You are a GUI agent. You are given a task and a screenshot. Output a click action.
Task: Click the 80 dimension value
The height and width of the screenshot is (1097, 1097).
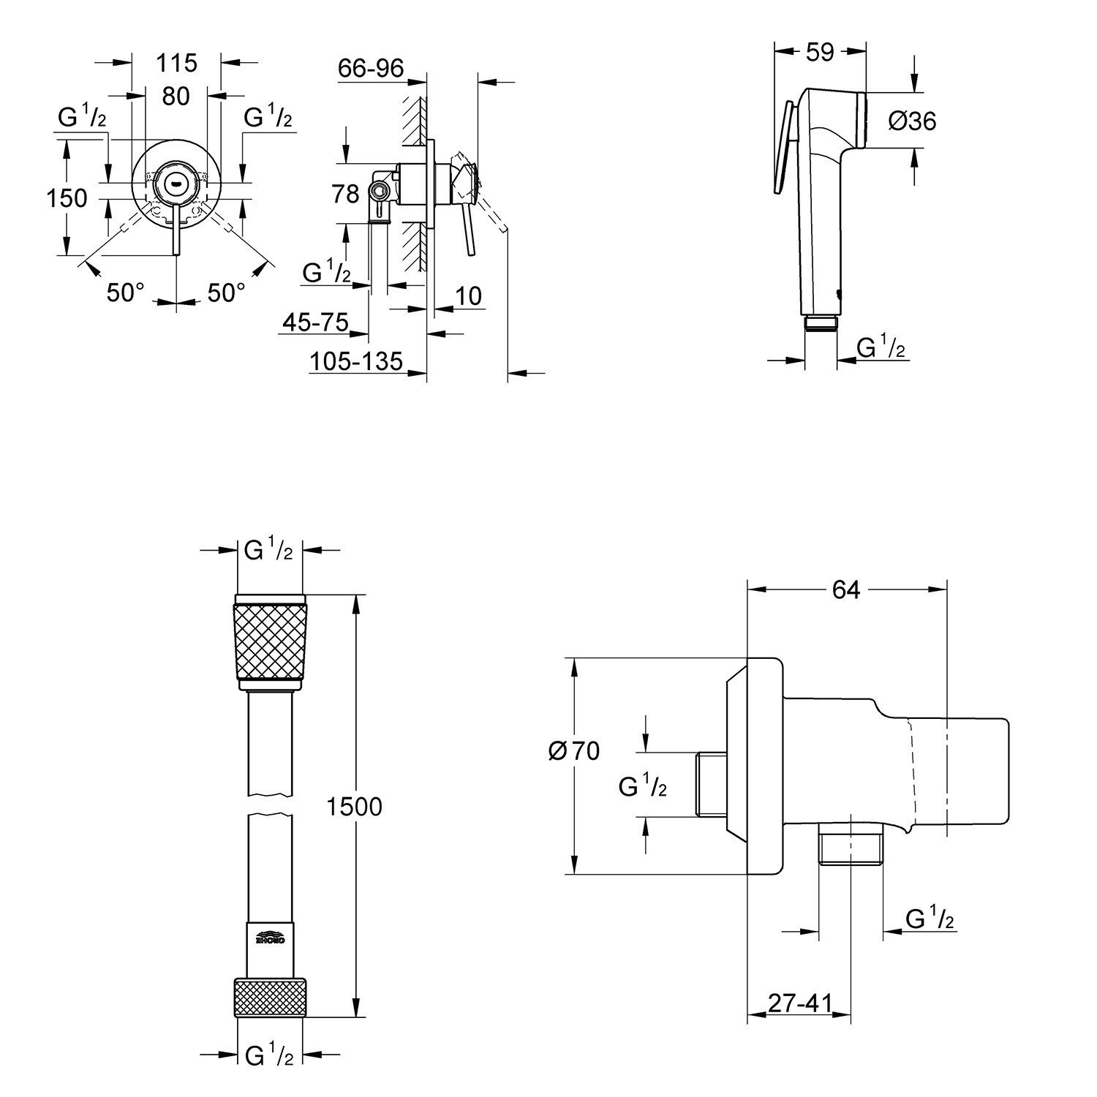point(176,96)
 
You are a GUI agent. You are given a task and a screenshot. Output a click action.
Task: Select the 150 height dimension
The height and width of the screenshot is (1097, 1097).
point(67,197)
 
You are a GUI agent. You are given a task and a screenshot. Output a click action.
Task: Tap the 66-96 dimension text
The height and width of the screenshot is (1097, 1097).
point(371,68)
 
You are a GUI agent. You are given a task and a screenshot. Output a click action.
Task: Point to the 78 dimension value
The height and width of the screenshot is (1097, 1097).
point(345,194)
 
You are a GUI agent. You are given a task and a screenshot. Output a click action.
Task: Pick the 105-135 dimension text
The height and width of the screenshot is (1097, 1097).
point(356,361)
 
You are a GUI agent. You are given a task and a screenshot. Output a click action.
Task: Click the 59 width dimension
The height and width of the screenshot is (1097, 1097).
point(819,53)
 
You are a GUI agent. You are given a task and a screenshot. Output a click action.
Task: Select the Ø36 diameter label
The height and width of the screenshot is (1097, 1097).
point(912,121)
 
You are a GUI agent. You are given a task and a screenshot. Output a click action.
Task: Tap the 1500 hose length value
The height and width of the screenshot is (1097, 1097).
point(354,807)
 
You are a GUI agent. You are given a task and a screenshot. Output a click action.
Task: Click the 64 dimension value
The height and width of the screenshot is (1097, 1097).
point(846,589)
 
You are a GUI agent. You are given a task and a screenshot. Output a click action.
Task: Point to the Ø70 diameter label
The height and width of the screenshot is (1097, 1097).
point(574,750)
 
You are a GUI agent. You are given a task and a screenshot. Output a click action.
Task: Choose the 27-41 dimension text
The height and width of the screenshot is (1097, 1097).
point(799,1003)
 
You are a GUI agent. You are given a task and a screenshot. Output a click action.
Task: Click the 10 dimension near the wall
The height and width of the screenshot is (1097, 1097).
point(469,295)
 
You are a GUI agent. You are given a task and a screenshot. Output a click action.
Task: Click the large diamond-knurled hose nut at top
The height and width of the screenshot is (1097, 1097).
point(270,641)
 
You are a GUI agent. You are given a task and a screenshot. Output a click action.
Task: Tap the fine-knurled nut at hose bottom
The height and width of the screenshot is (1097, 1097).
point(270,996)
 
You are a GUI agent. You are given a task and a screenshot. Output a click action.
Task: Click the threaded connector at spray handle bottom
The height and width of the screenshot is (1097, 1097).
point(821,323)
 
